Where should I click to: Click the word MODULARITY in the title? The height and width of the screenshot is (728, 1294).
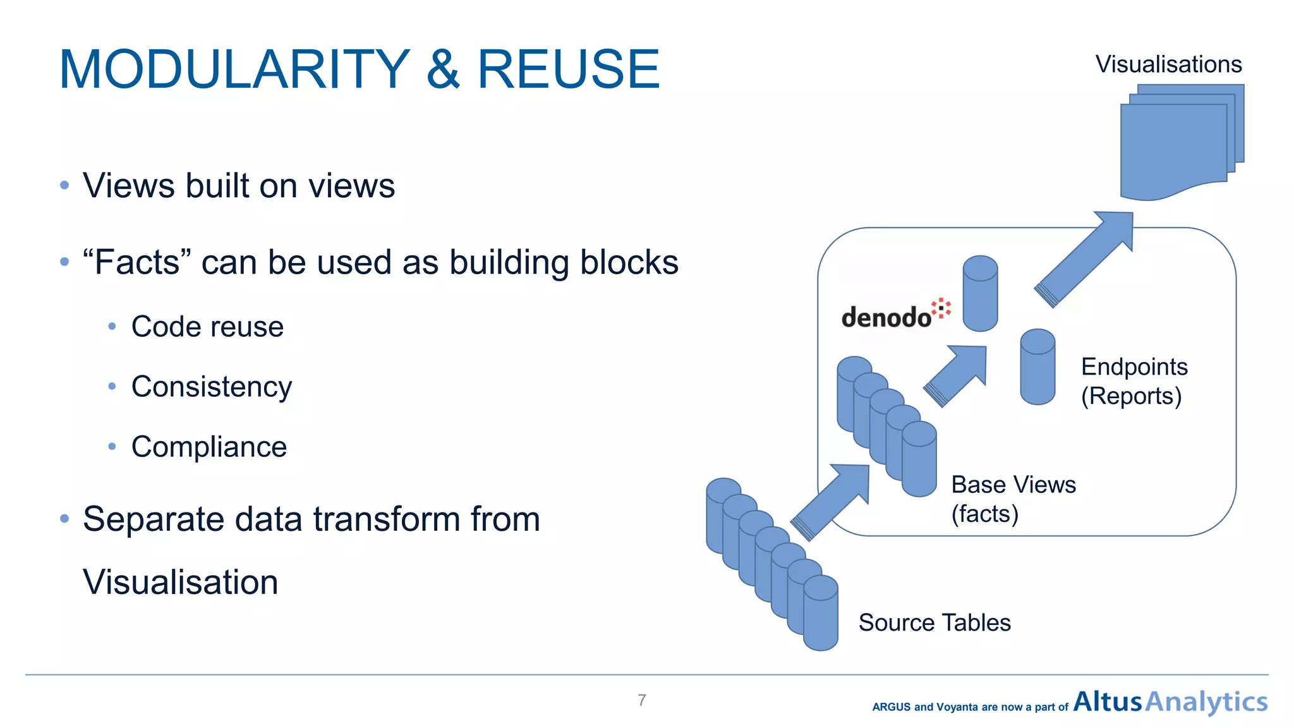[234, 70]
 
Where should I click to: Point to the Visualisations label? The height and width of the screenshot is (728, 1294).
[1168, 64]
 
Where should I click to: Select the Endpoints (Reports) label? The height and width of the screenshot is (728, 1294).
[1134, 381]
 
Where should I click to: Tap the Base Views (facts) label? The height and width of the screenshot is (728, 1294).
[1013, 499]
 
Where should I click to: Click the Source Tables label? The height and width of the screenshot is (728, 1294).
[934, 622]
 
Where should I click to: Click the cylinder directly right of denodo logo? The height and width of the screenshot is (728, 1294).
[980, 293]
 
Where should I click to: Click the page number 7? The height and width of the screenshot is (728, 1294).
[642, 700]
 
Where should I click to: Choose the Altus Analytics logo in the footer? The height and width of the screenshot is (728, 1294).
[1170, 702]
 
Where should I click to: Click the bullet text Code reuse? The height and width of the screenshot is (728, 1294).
[207, 327]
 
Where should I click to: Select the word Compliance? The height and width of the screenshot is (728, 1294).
[209, 447]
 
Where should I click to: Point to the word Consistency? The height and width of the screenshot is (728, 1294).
[212, 387]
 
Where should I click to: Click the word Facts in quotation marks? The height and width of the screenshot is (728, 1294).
[136, 262]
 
